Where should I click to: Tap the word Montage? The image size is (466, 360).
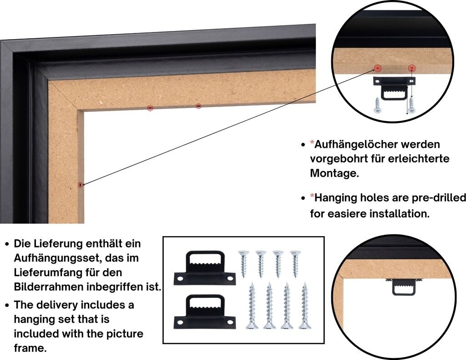pos(334,173)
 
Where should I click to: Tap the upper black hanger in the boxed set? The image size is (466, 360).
pos(204,269)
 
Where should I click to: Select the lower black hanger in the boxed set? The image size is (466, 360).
pos(204,313)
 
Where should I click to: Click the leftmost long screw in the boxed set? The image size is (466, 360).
pos(251,305)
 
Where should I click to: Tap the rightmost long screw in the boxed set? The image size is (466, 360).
pos(304,305)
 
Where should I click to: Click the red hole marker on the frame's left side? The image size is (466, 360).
pos(81,184)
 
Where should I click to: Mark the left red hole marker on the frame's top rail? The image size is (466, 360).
pos(150,108)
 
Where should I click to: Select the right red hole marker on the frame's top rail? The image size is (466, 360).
pos(198,106)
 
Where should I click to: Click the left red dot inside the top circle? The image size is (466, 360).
pos(378,68)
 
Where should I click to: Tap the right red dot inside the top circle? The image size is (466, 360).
pos(412,68)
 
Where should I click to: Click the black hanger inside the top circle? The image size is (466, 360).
pos(394,88)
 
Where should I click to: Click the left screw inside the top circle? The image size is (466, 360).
pos(378,106)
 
